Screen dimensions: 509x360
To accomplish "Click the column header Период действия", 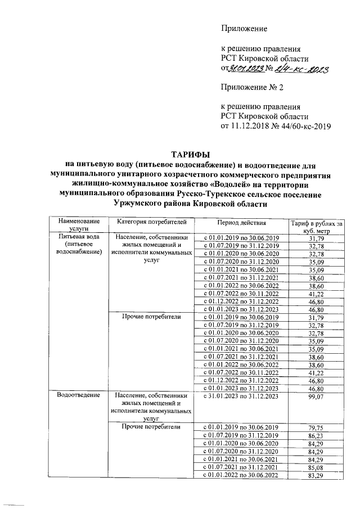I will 240,223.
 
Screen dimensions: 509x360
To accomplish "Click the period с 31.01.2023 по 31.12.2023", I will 240,397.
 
